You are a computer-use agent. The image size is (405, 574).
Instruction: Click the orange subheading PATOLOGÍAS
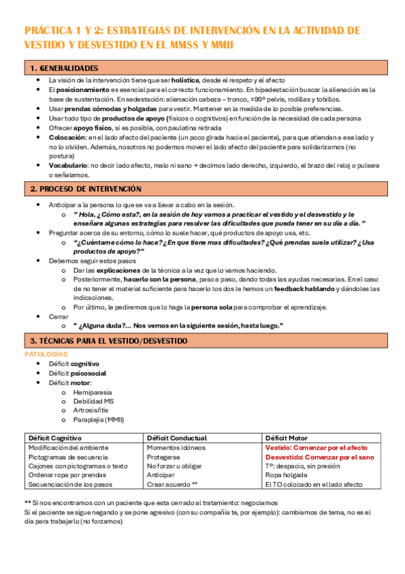pyautogui.click(x=45, y=354)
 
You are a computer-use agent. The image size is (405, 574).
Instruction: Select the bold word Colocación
pyautogui.click(x=67, y=137)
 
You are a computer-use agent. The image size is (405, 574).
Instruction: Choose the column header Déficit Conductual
pyautogui.click(x=176, y=438)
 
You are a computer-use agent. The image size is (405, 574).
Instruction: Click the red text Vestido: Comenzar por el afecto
pyautogui.click(x=316, y=448)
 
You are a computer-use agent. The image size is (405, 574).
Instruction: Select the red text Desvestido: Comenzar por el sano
pyautogui.click(x=320, y=458)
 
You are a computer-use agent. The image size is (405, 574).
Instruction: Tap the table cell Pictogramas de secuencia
pyautogui.click(x=70, y=458)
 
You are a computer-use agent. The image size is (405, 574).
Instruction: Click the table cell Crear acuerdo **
pyautogui.click(x=172, y=485)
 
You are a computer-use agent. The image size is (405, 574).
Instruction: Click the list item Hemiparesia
pyautogui.click(x=92, y=392)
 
